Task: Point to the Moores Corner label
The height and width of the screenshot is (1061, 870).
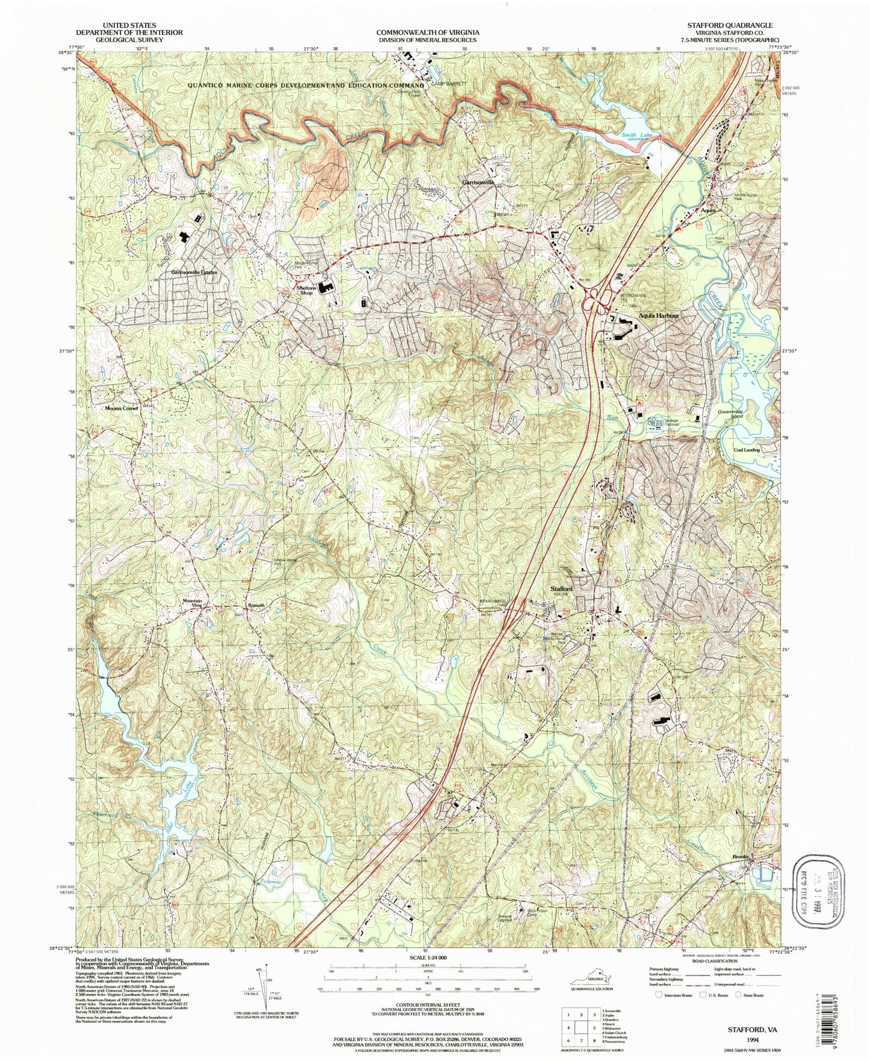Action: click(122, 408)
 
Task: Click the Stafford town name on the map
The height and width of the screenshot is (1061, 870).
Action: click(561, 588)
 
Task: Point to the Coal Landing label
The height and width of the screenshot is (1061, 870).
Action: click(746, 450)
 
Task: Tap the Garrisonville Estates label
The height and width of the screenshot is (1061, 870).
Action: click(194, 272)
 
